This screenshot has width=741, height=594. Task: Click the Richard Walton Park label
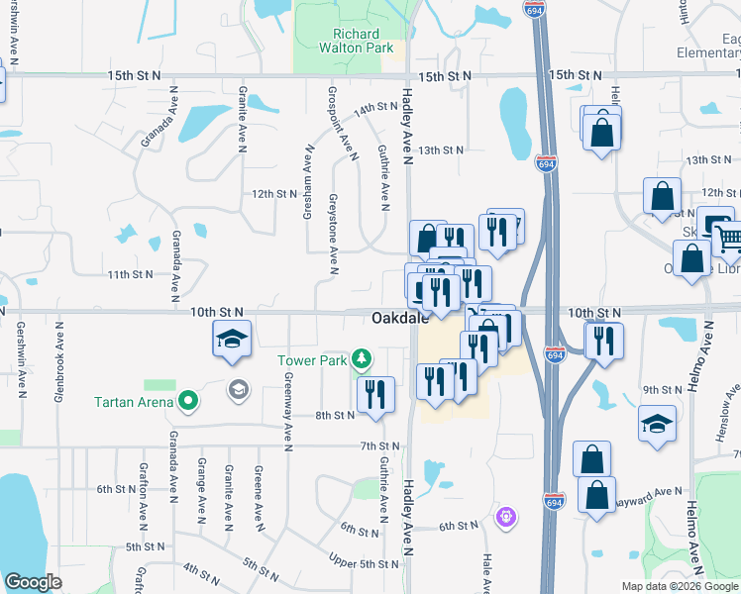(x=356, y=41)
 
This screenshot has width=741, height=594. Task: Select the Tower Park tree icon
(x=364, y=357)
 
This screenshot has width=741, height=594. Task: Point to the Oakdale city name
(x=400, y=319)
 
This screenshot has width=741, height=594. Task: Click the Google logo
(x=33, y=582)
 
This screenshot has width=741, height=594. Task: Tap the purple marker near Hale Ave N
(x=506, y=517)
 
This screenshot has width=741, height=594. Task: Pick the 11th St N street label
(x=132, y=274)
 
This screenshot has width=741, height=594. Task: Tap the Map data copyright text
(x=680, y=585)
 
